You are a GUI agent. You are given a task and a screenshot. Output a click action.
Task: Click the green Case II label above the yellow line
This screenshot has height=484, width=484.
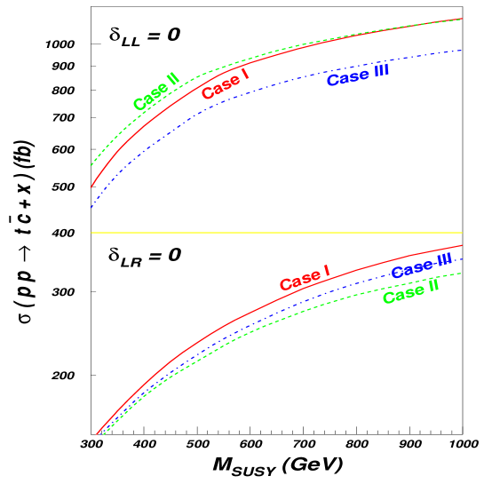pos(156,91)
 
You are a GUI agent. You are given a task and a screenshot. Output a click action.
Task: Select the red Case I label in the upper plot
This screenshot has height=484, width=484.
pos(225,84)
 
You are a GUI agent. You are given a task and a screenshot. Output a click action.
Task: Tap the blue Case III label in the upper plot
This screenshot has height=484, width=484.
pos(358,76)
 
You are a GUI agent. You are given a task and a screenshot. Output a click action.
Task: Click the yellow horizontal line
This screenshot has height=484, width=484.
pos(276,233)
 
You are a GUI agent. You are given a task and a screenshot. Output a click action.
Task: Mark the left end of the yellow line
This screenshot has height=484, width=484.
pos(91,233)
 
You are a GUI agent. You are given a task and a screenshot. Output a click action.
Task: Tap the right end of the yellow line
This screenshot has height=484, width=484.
pos(462,233)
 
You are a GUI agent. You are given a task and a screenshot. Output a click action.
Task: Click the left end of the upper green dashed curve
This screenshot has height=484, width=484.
pos(91,165)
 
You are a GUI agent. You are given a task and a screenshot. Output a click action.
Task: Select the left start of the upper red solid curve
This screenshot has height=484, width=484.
pos(91,187)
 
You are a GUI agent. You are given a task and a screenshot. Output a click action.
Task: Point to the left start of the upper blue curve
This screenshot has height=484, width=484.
pos(91,208)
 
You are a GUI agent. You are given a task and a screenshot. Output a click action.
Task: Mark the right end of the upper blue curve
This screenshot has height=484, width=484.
pos(462,50)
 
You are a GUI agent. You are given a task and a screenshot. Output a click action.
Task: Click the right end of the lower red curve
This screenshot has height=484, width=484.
pos(462,246)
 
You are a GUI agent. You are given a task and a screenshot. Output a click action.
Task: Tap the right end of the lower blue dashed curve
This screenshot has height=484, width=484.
pos(462,258)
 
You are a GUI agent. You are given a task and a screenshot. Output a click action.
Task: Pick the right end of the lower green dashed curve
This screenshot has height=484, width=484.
pos(462,273)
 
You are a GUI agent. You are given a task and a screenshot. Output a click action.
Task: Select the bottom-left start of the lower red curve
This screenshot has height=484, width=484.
pos(97,434)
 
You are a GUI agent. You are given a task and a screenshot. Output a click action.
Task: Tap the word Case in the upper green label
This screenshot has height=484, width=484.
pos(148,98)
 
